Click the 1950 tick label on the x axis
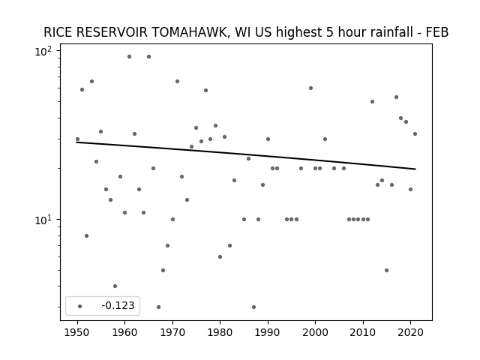click(x=77, y=332)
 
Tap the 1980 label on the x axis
click(x=220, y=332)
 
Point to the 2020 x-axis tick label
click(x=411, y=332)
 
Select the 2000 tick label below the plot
click(x=315, y=332)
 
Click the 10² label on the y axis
click(x=43, y=52)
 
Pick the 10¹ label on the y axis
click(x=43, y=220)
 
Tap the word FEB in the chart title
click(x=437, y=32)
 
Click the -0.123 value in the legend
click(x=118, y=305)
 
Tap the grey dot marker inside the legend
click(x=80, y=306)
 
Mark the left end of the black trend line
click(x=76, y=142)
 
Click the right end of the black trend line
click(x=415, y=169)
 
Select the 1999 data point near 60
click(x=310, y=88)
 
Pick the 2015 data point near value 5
click(x=387, y=270)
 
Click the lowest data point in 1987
click(x=253, y=307)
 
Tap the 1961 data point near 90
click(x=129, y=57)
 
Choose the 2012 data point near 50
click(x=372, y=102)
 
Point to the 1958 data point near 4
click(x=115, y=286)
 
